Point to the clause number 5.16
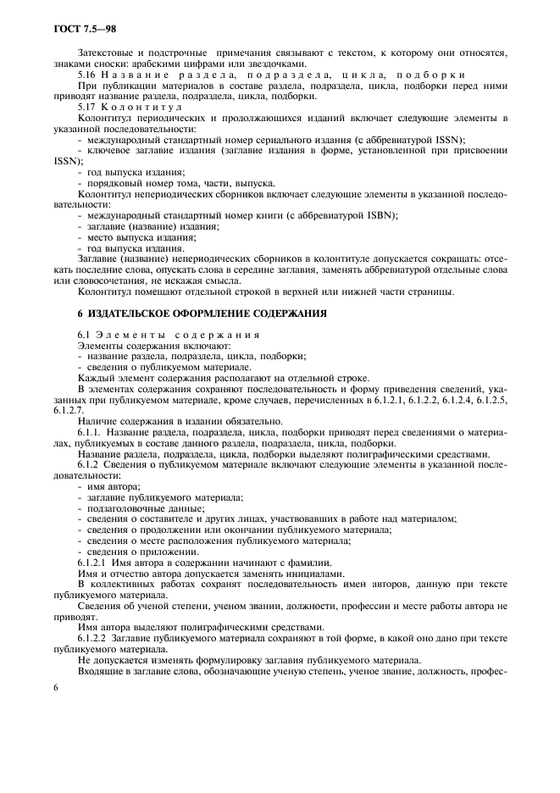point(87,75)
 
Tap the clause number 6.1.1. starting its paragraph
point(91,432)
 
